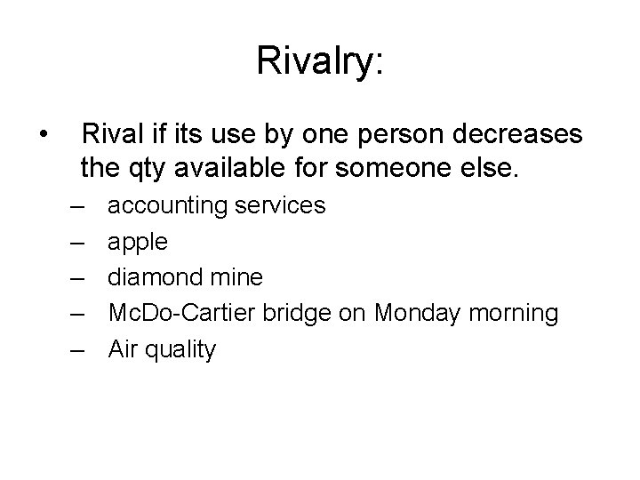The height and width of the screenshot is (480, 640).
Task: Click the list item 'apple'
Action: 138,243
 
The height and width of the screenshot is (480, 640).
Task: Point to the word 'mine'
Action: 239,278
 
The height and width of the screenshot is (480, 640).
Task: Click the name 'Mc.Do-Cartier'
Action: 184,314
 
